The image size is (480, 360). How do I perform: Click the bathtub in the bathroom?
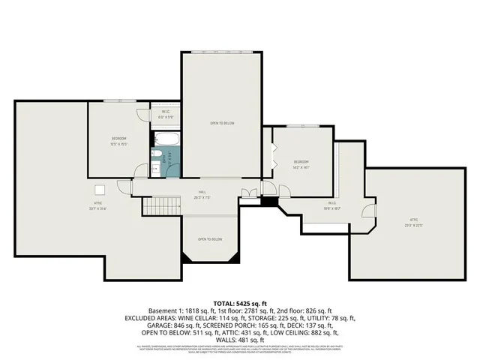coord(165,139)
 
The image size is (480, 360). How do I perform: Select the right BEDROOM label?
coord(301,162)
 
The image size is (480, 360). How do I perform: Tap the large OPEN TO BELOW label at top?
coord(222,122)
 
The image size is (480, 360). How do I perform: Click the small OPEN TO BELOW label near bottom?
coord(210,239)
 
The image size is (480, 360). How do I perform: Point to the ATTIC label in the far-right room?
coord(409,220)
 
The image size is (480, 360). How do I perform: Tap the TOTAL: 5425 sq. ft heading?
coord(240,301)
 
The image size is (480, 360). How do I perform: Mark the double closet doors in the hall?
coord(247,193)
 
